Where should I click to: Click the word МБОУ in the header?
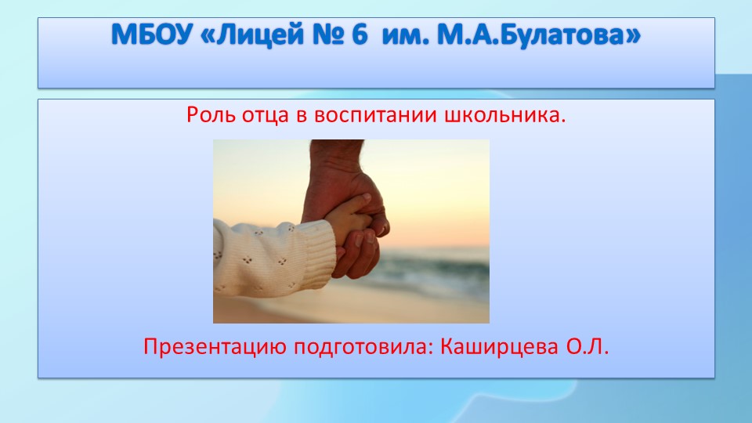(151, 34)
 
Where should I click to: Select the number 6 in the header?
(360, 34)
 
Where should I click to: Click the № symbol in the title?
(328, 34)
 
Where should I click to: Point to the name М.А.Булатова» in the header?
(539, 34)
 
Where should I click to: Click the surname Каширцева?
(499, 347)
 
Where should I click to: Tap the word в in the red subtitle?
(301, 116)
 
